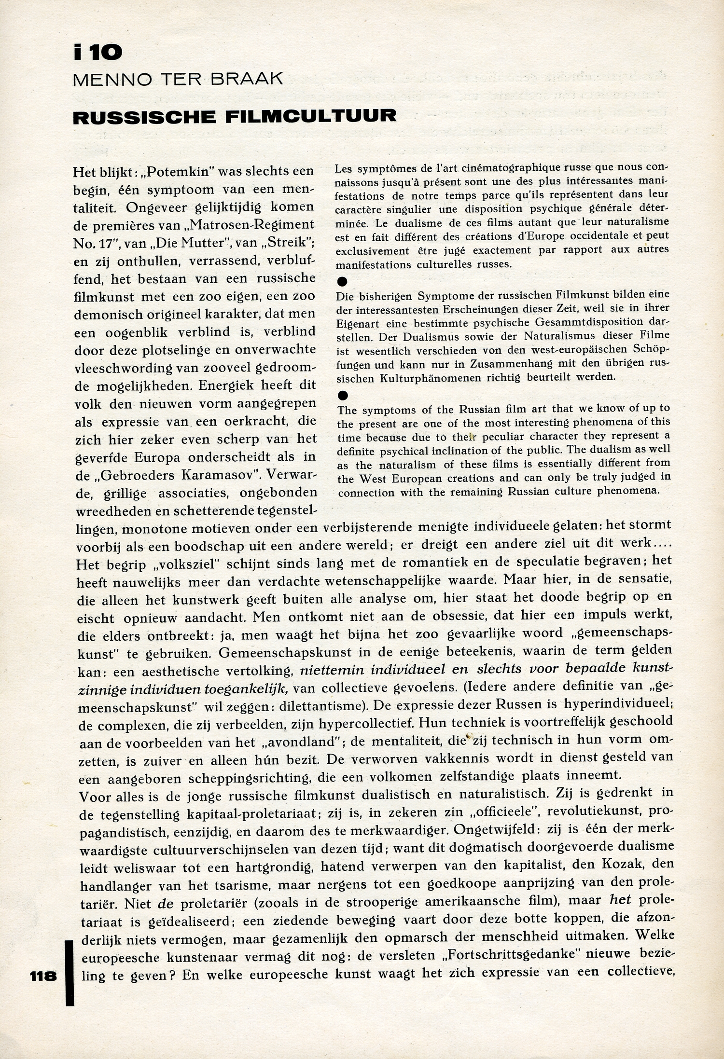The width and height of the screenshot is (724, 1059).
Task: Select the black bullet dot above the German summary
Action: pos(343,281)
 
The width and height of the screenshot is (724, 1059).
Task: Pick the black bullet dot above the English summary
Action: pos(343,396)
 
